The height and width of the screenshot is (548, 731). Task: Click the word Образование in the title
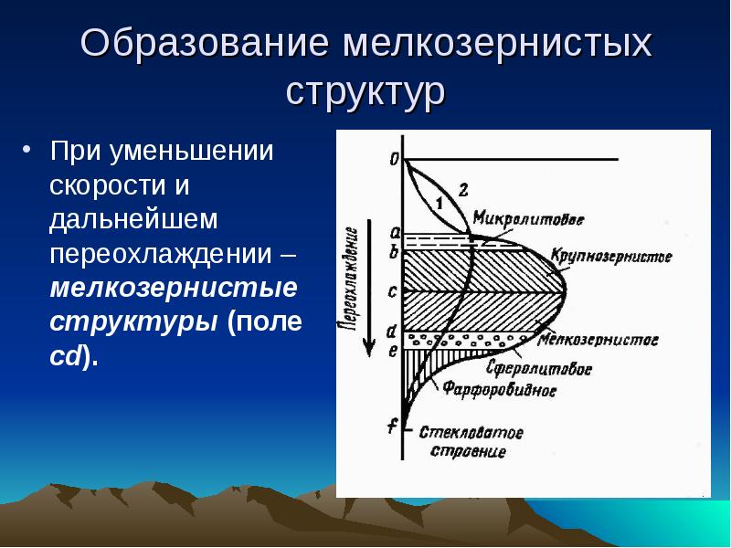coord(205,43)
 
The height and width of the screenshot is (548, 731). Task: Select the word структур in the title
coord(365,91)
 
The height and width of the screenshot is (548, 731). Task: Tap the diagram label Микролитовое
coord(528,218)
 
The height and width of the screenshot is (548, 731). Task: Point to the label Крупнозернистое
coord(611,257)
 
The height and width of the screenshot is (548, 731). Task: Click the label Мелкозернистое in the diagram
coord(598,339)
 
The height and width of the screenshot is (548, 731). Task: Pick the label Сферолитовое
coord(539,368)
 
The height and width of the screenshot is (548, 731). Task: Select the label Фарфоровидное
coord(499,389)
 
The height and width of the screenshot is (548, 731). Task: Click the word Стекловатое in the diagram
coord(471,432)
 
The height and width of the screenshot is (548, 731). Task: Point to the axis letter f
coord(393,426)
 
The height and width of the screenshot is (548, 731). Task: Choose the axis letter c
coord(393,291)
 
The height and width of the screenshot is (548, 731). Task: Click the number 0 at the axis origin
coord(395,160)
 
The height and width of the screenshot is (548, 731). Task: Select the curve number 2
coord(463,190)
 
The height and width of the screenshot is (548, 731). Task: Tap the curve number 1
coord(439,203)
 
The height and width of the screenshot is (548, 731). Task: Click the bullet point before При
coord(26,150)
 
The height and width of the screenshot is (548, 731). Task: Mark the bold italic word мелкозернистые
coord(174,288)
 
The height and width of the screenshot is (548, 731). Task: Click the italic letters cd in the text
coord(65,356)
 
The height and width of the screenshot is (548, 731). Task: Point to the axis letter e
coord(393,351)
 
